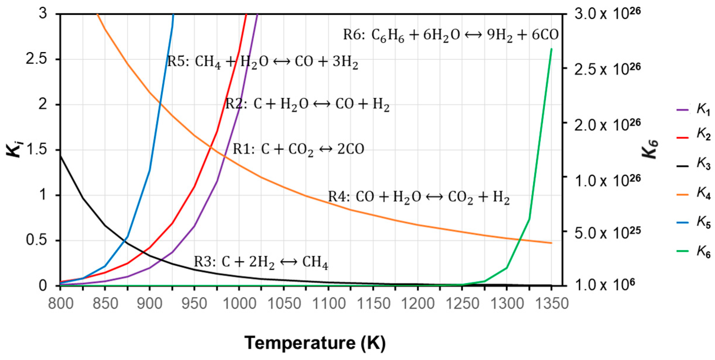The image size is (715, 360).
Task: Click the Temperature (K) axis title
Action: pos(315,343)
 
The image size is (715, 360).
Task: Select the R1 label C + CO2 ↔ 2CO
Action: pos(298,149)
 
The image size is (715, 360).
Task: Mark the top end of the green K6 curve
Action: pos(551,49)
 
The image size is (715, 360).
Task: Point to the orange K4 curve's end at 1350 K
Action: pos(551,243)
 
